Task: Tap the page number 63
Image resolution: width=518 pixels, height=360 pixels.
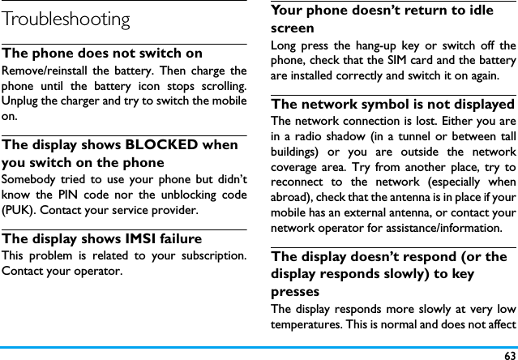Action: coord(508,354)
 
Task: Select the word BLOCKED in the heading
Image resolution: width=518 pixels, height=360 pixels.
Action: coord(161,144)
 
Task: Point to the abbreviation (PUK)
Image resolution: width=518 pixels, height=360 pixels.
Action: coord(20,211)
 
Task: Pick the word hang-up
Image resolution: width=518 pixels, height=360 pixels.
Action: coord(400,45)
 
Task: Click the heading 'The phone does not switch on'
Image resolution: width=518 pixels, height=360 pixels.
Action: coord(103,54)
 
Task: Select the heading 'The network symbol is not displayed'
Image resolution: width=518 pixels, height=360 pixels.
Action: coord(392,105)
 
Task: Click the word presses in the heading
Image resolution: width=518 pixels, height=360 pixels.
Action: coord(295,291)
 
